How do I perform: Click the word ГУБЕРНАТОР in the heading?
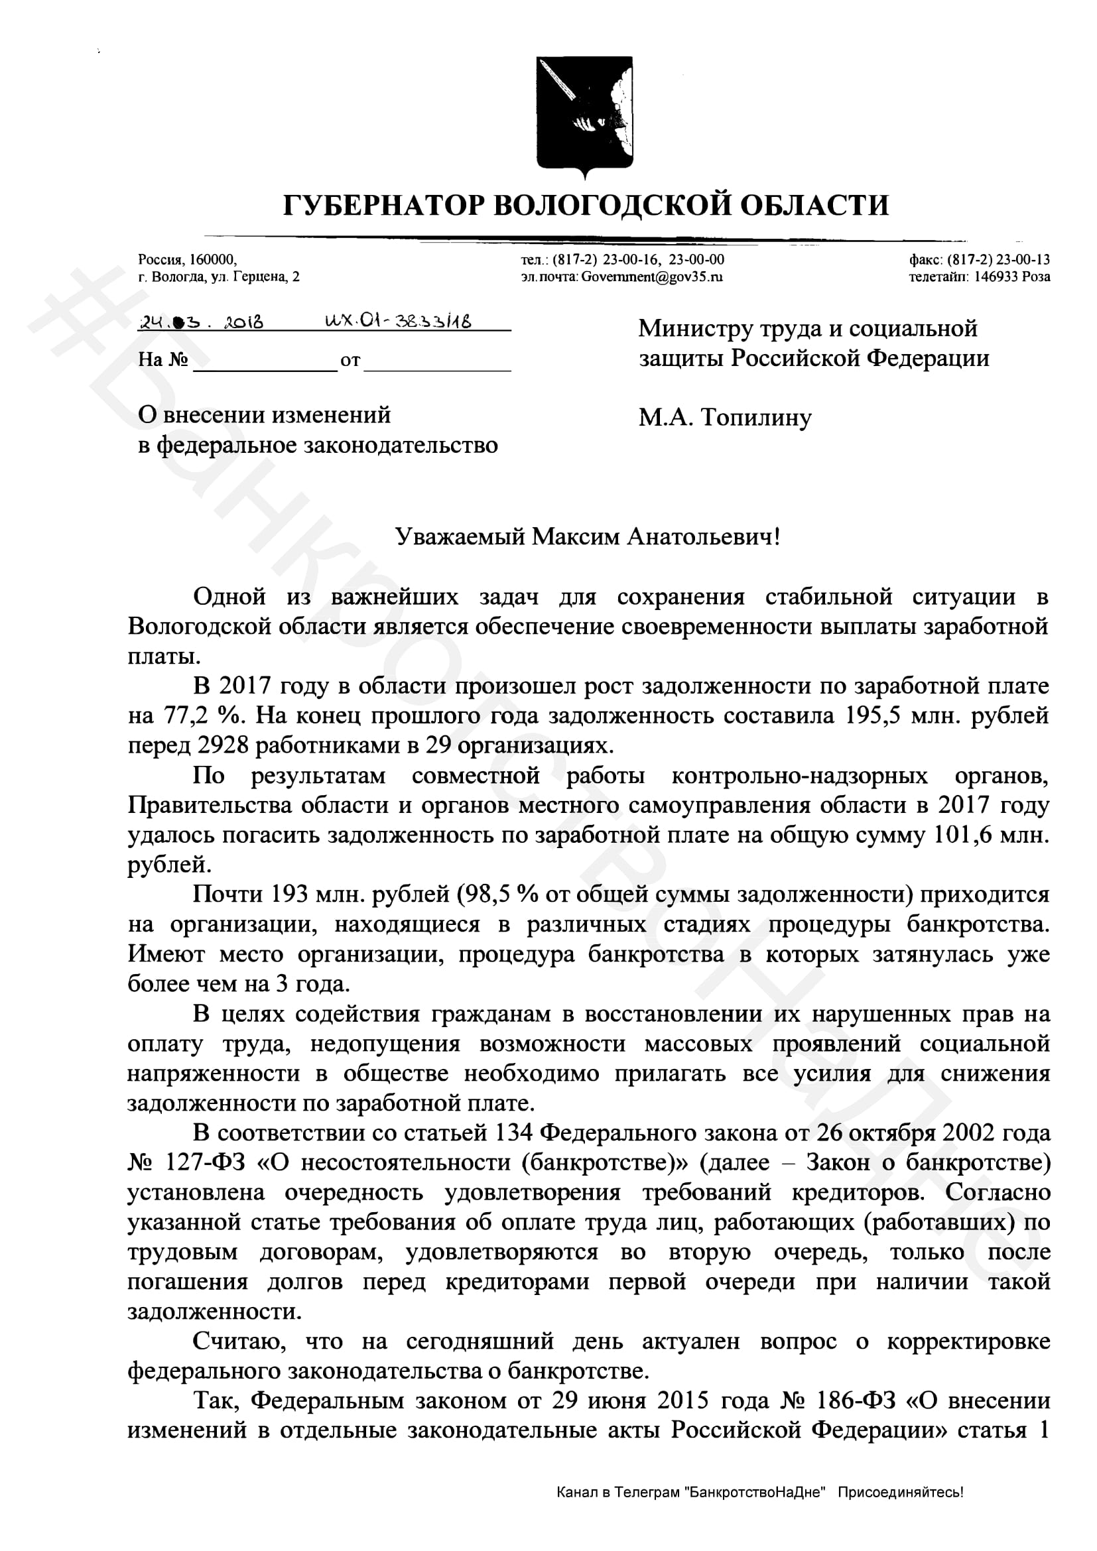(x=381, y=205)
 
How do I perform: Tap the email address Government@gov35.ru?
(x=652, y=277)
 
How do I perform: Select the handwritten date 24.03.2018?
(x=200, y=322)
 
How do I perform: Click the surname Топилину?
(x=756, y=418)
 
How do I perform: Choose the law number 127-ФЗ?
(x=205, y=1162)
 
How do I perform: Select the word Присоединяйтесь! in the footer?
(x=901, y=1511)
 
